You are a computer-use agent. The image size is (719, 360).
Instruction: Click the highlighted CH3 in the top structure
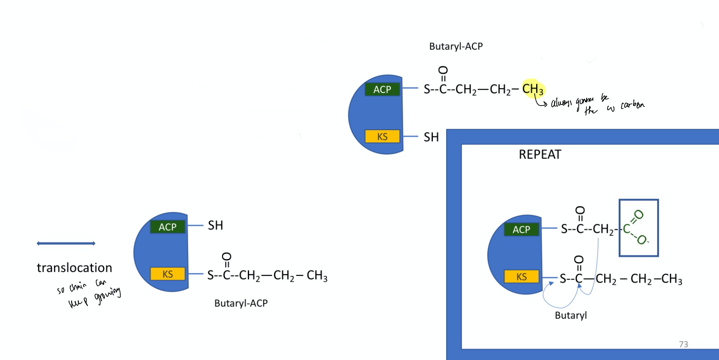(x=533, y=89)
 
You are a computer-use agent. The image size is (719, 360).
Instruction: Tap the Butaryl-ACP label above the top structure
(x=456, y=47)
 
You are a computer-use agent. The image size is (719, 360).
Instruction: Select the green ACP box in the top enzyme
(x=382, y=89)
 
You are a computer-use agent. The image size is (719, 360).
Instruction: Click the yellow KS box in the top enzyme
(x=382, y=136)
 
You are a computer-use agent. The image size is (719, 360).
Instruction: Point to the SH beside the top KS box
(x=431, y=137)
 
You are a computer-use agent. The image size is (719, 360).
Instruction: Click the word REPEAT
(x=540, y=155)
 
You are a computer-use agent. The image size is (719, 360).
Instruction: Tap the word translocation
(x=74, y=268)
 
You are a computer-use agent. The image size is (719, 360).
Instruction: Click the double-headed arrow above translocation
(x=66, y=243)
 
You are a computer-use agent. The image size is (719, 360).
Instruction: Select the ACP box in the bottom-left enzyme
(x=167, y=227)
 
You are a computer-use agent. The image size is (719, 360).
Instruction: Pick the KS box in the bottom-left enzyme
(x=167, y=274)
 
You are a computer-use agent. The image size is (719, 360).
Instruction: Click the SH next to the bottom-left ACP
(x=215, y=225)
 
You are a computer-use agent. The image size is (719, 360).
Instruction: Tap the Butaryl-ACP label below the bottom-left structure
(x=241, y=303)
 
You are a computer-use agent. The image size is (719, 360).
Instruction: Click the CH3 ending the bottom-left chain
(x=317, y=275)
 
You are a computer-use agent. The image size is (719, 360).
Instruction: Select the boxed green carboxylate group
(x=638, y=228)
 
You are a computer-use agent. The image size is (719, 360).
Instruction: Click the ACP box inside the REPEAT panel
(x=521, y=230)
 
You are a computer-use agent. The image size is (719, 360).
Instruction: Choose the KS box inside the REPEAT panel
(x=521, y=277)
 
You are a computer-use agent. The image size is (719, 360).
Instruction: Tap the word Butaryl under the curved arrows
(x=571, y=315)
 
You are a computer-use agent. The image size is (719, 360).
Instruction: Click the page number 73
(x=683, y=344)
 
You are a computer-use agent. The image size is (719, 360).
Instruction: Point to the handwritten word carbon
(x=632, y=106)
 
